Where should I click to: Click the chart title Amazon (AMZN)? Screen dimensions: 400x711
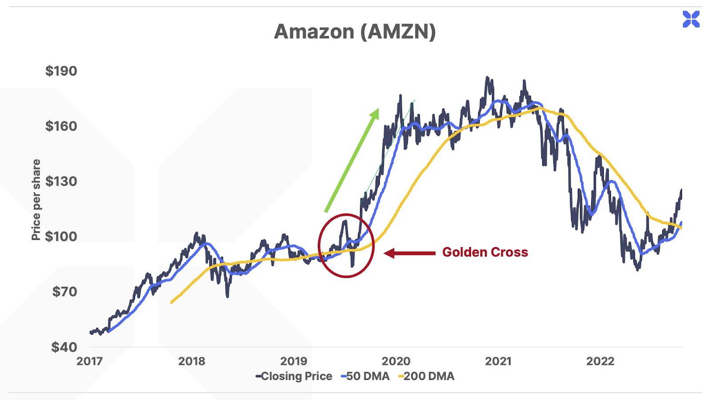coord(355,32)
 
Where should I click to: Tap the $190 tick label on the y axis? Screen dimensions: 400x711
coord(61,71)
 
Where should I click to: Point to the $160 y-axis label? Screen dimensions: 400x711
coord(61,126)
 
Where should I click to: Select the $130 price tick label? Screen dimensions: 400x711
coord(61,181)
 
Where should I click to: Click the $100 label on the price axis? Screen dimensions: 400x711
coord(61,236)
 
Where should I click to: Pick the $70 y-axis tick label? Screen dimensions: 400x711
coord(64,292)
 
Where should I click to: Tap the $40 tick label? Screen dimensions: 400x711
coord(64,347)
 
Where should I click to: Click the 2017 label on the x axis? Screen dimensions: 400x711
coord(89,361)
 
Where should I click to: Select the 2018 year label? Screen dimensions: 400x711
coord(192,361)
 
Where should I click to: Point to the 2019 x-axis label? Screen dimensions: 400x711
coord(294,361)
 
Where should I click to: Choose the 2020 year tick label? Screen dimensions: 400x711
coord(396,361)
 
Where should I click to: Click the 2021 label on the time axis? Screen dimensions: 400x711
coord(498,361)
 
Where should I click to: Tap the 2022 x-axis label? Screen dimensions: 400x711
coord(600,361)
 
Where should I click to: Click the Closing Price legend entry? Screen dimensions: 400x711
coord(294,376)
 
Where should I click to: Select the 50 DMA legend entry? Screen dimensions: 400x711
coord(366,376)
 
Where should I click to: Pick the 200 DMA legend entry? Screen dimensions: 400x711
coord(427,376)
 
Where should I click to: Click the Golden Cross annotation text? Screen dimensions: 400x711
coord(485,252)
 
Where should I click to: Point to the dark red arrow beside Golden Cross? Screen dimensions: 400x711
coord(409,253)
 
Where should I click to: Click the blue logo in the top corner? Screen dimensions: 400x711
coord(691,20)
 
